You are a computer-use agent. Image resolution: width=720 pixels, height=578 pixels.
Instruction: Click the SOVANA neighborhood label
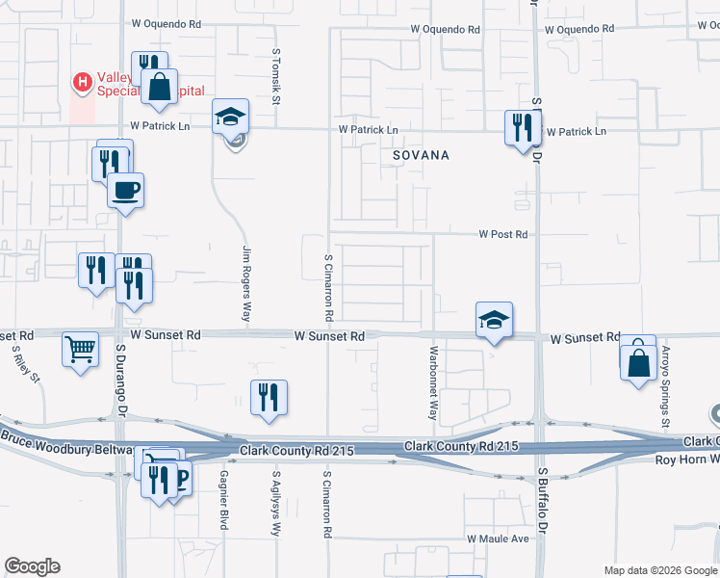pyautogui.click(x=421, y=154)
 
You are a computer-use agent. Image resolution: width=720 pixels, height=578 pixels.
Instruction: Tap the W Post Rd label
pyautogui.click(x=504, y=234)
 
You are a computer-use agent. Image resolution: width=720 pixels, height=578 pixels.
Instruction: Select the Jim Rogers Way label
pyautogui.click(x=246, y=283)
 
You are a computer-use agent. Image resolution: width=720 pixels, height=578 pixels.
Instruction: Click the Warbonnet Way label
pyautogui.click(x=434, y=381)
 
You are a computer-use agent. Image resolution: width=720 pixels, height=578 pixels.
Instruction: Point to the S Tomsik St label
pyautogui.click(x=276, y=76)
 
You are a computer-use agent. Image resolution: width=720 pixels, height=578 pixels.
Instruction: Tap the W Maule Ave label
pyautogui.click(x=499, y=539)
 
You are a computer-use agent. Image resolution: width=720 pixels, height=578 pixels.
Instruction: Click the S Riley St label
pyautogui.click(x=26, y=365)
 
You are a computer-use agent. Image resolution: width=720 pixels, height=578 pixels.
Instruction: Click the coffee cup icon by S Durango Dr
pyautogui.click(x=124, y=189)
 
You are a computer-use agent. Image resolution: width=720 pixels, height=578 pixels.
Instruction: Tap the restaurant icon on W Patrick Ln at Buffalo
pyautogui.click(x=521, y=126)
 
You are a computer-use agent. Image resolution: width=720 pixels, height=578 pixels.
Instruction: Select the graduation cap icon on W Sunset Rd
pyautogui.click(x=494, y=319)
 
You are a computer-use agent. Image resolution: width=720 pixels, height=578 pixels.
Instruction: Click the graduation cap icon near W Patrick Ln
pyautogui.click(x=231, y=117)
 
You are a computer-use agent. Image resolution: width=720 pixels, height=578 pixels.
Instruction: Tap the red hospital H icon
pyautogui.click(x=83, y=84)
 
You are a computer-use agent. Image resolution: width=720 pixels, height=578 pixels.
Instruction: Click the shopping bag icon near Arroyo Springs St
pyautogui.click(x=638, y=363)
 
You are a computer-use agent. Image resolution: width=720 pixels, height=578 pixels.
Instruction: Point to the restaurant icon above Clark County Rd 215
pyautogui.click(x=270, y=397)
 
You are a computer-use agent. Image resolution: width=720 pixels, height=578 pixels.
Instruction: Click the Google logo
pyautogui.click(x=32, y=566)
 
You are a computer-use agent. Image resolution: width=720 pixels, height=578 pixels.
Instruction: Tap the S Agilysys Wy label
pyautogui.click(x=276, y=502)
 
